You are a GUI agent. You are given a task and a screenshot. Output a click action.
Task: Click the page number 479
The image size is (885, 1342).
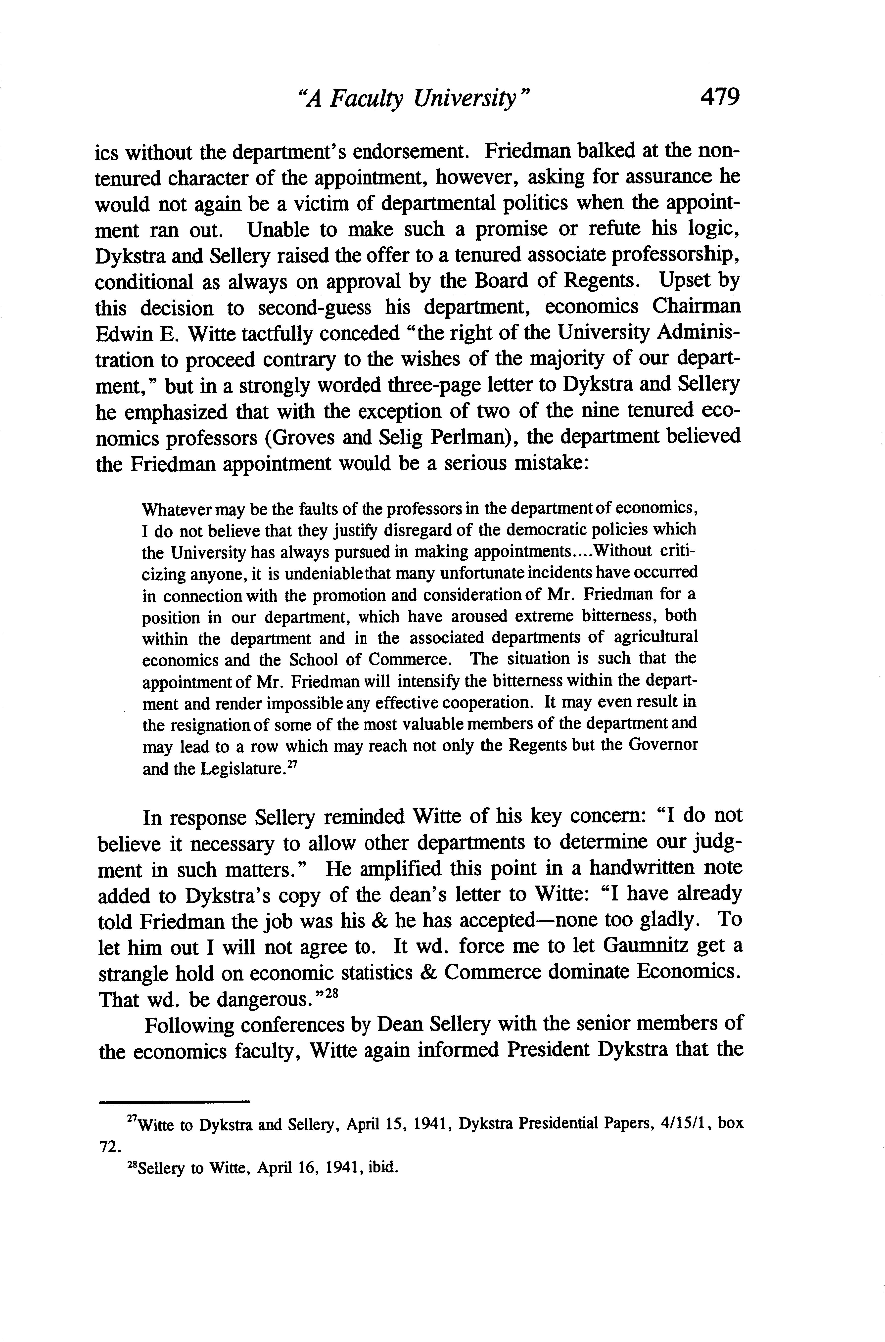click(x=719, y=98)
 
